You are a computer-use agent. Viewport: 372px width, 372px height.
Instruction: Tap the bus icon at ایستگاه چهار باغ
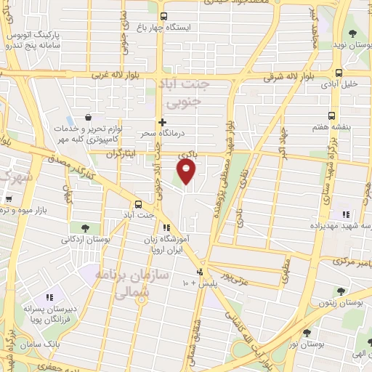(x=164, y=15)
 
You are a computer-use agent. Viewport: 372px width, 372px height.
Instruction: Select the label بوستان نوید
(x=352, y=45)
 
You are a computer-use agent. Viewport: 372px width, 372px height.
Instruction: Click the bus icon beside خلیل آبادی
(x=339, y=72)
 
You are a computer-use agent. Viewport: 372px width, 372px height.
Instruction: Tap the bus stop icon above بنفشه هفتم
(x=332, y=116)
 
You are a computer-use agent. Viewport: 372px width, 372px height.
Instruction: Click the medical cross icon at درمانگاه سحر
(x=161, y=123)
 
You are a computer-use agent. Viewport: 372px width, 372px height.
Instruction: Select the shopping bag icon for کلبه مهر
(x=88, y=117)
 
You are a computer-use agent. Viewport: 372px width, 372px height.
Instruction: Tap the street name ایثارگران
(x=121, y=154)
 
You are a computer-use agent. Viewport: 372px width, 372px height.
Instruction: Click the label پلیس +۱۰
(x=195, y=281)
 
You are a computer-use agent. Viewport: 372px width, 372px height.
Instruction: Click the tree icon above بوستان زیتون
(x=339, y=291)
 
